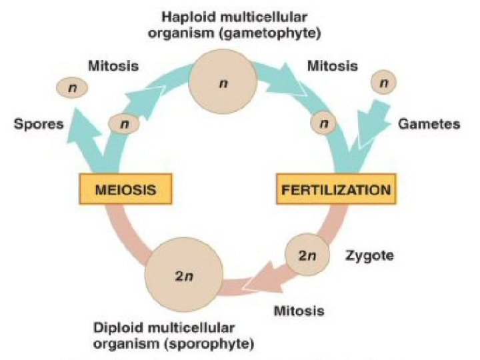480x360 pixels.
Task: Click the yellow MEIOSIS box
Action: pyautogui.click(x=126, y=189)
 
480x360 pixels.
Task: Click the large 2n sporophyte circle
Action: pyautogui.click(x=183, y=275)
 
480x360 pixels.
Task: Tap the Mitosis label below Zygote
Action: pyautogui.click(x=299, y=311)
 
